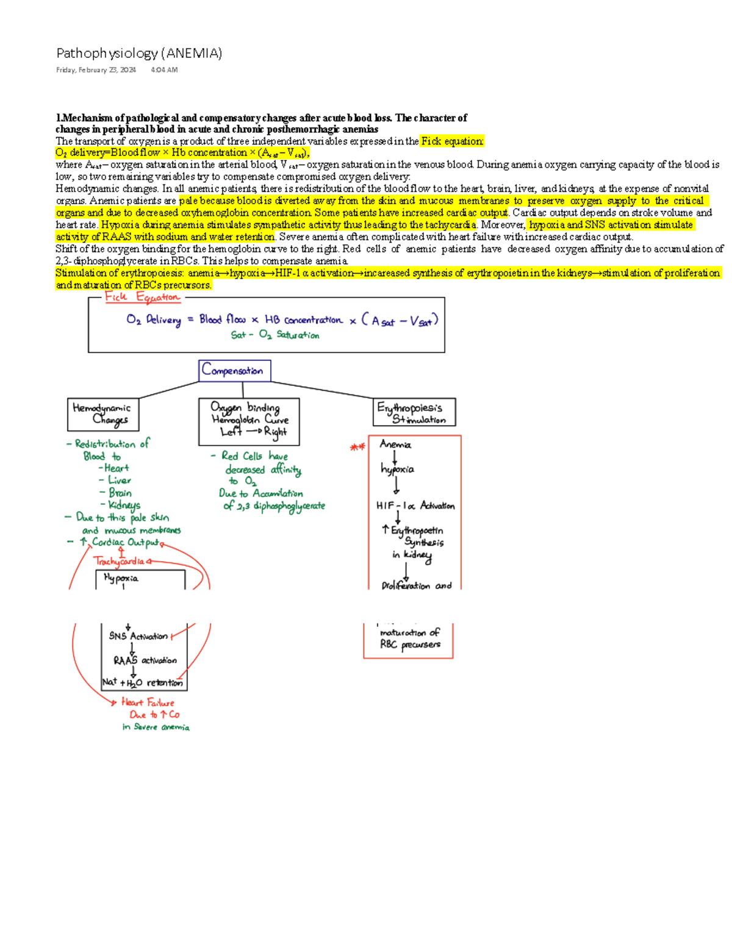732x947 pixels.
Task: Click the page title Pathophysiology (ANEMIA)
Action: tap(139, 54)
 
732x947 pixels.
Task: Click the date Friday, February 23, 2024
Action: tap(96, 70)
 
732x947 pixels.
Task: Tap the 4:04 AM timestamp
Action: tap(164, 70)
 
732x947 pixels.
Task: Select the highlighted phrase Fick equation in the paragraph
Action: tap(452, 141)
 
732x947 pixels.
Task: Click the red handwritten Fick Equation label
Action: tap(142, 297)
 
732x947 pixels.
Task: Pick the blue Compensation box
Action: tap(234, 370)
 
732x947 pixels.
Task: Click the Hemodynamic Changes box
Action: tap(102, 413)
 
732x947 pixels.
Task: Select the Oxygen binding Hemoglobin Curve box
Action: tap(249, 420)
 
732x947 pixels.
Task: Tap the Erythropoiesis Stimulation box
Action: tap(414, 413)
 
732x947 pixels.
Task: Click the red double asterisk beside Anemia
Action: tap(357, 448)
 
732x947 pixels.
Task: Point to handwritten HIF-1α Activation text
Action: tap(415, 506)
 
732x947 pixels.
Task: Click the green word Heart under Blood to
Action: tap(116, 468)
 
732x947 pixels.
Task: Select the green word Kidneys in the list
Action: tap(124, 505)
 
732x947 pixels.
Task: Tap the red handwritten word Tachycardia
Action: tap(120, 561)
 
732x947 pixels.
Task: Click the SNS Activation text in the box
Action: tap(138, 636)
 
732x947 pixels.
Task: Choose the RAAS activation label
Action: tap(145, 660)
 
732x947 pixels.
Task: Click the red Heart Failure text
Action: tap(148, 702)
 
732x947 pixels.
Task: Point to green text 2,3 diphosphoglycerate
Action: tap(274, 506)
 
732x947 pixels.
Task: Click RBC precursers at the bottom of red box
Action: tap(410, 645)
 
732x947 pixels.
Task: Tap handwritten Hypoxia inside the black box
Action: tap(121, 578)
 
